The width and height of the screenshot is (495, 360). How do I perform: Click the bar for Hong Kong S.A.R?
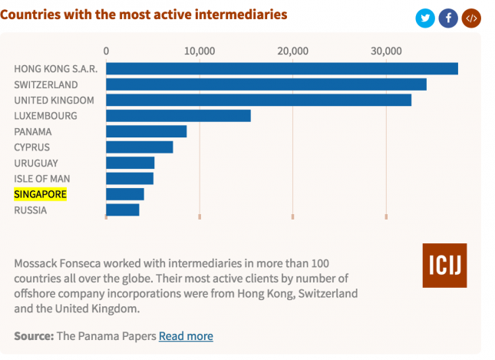point(282,69)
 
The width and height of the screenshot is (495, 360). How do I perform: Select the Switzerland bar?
point(266,84)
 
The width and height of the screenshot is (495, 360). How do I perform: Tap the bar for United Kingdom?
point(258,100)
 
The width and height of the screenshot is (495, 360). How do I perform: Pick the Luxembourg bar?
point(178,116)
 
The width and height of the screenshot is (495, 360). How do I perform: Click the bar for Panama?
point(146,131)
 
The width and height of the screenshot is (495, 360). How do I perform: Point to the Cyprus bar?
point(139,147)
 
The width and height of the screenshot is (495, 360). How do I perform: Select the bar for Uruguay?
point(130,163)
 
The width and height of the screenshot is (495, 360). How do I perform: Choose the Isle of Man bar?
point(129,179)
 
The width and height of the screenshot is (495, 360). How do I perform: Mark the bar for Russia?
point(122,210)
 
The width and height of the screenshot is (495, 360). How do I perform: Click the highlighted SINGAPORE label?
point(41,194)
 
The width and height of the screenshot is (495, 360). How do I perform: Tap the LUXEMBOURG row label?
point(45,116)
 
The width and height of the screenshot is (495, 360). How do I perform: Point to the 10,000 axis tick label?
point(200,51)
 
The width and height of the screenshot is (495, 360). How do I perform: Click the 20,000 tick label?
point(292,51)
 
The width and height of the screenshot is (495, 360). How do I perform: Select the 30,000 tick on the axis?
point(386,51)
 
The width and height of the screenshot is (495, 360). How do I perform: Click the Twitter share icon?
point(425,18)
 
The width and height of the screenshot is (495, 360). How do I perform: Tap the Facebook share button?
point(448,18)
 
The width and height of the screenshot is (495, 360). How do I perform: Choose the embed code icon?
point(471,18)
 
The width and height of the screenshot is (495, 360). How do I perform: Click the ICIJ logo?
point(444,266)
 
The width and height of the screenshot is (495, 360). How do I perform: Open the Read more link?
point(186,336)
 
